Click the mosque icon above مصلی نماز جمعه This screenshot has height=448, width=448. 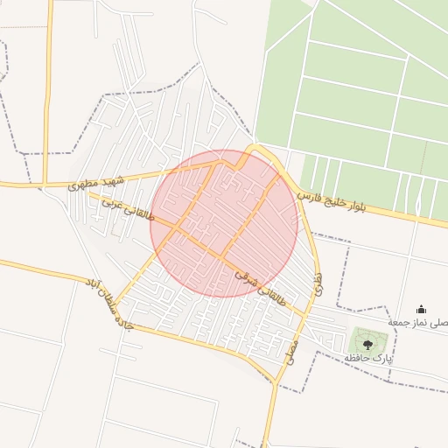click(x=421, y=309)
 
